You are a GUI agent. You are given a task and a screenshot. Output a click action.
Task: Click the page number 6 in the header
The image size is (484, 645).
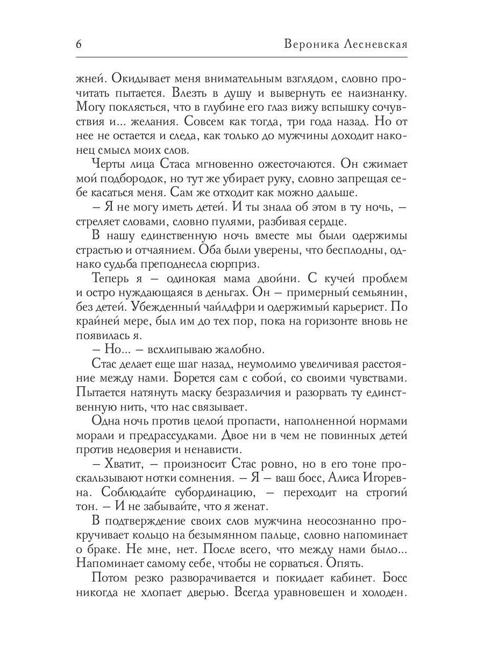coord(79,45)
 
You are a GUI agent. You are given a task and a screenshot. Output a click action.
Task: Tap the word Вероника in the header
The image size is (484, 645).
coord(309,45)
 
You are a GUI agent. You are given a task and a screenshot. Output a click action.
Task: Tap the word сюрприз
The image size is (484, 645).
coord(238,264)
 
